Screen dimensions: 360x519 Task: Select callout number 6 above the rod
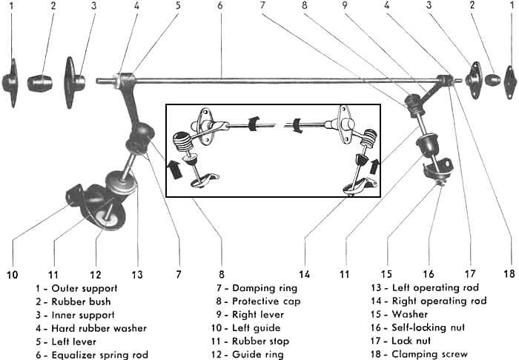(x=220, y=6)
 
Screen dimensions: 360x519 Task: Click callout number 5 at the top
(x=178, y=6)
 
